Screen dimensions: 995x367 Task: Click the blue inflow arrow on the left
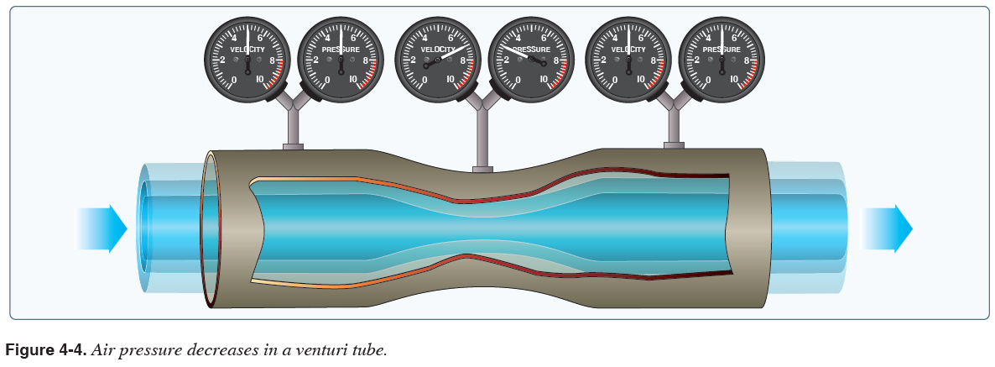tap(103, 228)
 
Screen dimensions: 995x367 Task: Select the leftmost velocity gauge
tap(247, 56)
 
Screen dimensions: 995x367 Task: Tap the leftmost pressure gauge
tap(341, 56)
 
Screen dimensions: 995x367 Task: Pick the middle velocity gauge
tap(437, 56)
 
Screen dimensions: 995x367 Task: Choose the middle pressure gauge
tap(531, 56)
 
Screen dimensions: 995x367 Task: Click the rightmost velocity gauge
tap(628, 56)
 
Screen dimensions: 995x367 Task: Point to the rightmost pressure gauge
tap(722, 56)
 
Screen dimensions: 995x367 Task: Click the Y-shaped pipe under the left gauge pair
tap(293, 113)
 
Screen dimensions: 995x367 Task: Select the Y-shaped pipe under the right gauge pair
tap(674, 113)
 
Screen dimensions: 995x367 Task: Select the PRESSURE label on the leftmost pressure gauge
tap(341, 50)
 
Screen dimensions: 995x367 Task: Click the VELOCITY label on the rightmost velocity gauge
tap(628, 50)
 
